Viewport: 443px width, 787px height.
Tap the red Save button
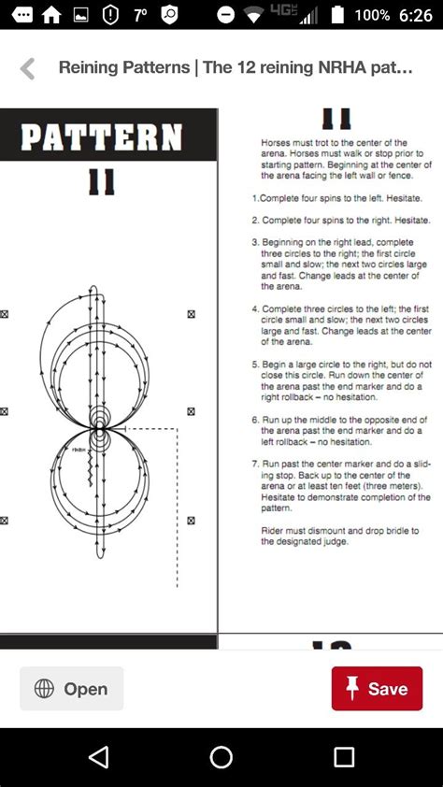coord(377,689)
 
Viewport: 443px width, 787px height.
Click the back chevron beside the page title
coord(27,68)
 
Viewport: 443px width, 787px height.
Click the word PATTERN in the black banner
coord(101,137)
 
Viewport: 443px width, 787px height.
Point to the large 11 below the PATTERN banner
coord(101,181)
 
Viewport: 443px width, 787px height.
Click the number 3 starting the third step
coord(254,242)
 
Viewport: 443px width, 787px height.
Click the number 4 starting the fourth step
coord(254,308)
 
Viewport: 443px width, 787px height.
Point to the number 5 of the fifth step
coord(254,365)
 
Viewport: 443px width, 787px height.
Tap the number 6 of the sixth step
coord(254,420)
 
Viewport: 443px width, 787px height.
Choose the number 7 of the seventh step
coord(254,464)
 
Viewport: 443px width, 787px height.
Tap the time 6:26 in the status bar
coord(415,15)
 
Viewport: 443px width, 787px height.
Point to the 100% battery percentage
coord(372,15)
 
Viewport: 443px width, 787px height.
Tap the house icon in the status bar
coord(51,15)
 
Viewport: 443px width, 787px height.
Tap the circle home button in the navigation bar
coord(221,757)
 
